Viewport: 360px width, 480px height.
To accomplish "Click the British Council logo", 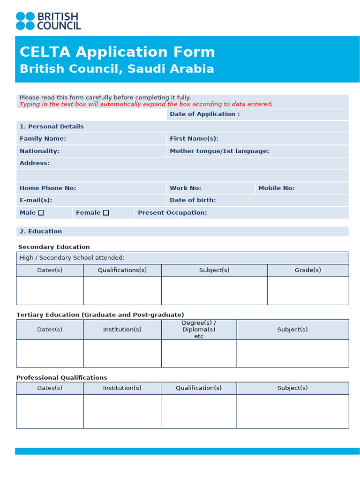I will point(48,21).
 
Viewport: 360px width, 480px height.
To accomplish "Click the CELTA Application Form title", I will point(117,52).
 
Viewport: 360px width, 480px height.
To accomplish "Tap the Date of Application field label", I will point(204,114).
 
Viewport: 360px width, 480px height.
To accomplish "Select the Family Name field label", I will point(43,139).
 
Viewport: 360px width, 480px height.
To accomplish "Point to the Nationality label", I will point(39,151).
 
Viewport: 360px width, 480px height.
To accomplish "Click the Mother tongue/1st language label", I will point(219,151).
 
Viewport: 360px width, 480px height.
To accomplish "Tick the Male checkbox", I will point(41,213).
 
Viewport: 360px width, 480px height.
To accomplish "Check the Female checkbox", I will point(106,213).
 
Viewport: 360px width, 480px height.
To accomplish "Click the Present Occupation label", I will point(172,213).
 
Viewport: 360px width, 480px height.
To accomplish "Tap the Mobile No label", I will point(276,188).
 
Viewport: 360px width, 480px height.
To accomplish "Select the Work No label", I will point(185,188).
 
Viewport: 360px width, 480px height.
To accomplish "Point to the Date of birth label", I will point(193,200).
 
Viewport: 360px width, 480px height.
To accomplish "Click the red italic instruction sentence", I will point(146,105).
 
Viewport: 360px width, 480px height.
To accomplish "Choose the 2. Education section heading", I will point(41,232).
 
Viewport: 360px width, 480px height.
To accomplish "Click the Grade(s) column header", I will point(307,270).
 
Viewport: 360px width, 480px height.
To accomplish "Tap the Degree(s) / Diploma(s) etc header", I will point(199,330).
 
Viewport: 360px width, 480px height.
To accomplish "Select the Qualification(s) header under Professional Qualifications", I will point(199,388).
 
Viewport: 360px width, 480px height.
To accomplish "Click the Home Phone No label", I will point(48,188).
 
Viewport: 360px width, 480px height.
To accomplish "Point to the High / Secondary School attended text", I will point(72,258).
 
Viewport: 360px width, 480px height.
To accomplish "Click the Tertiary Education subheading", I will point(100,315).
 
